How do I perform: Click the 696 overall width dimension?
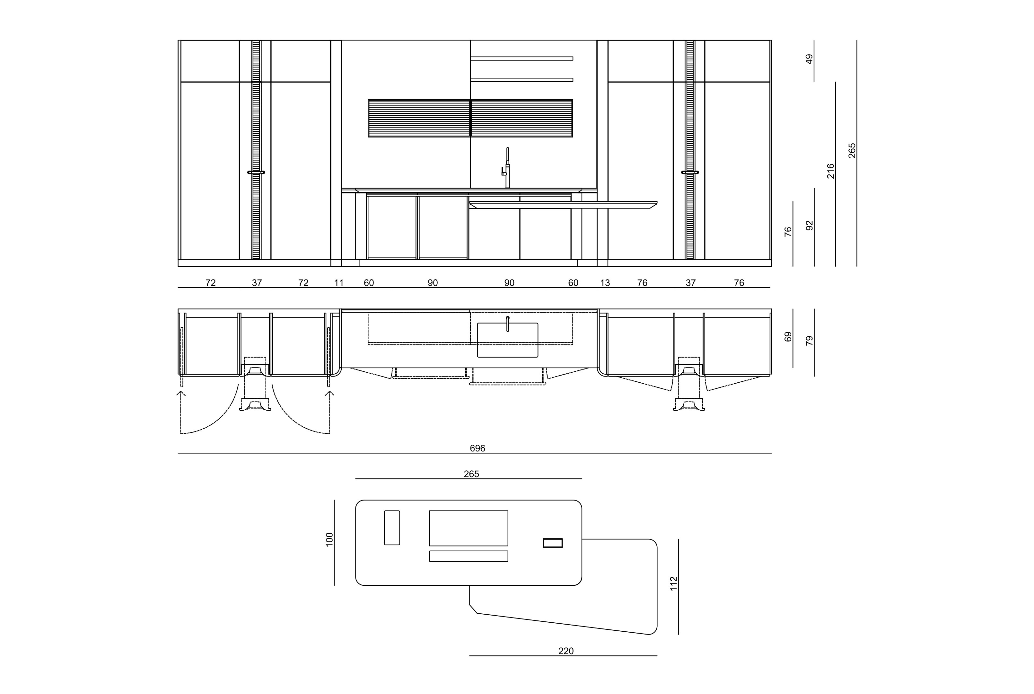click(477, 448)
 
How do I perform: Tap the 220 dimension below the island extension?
click(565, 651)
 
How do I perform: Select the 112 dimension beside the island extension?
click(674, 583)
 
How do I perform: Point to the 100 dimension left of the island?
click(329, 539)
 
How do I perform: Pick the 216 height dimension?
click(830, 171)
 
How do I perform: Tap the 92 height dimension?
click(809, 225)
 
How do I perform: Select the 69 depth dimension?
click(788, 336)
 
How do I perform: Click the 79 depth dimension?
click(809, 340)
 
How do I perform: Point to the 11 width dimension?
click(339, 283)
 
